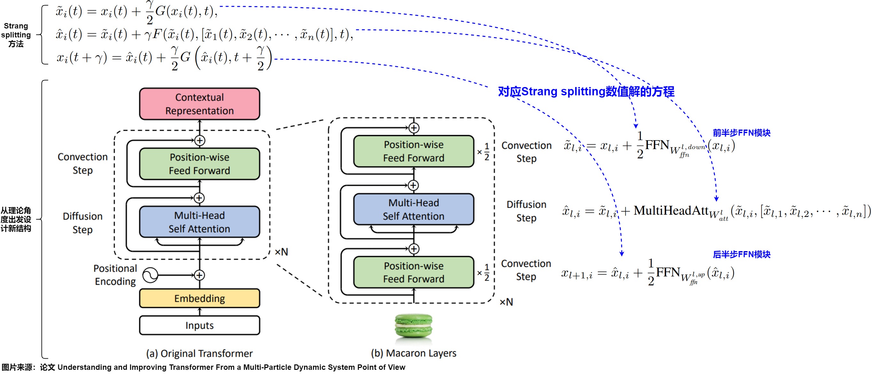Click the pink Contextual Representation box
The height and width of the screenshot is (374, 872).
[x=200, y=104]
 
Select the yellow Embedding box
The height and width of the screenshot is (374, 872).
[x=200, y=298]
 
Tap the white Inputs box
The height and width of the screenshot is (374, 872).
[x=200, y=325]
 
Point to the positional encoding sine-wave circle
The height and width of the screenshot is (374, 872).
[x=150, y=275]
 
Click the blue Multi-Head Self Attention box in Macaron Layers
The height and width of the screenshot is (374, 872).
[x=413, y=209]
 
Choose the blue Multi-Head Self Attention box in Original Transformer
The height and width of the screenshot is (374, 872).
[x=200, y=222]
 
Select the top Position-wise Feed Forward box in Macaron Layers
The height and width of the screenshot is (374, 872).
[x=413, y=151]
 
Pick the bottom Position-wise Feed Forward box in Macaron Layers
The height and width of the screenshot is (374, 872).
[x=413, y=272]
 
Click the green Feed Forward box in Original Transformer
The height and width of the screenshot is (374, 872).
[x=200, y=163]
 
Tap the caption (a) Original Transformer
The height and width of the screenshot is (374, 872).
[x=200, y=353]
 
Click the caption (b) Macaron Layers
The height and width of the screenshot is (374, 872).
[x=413, y=353]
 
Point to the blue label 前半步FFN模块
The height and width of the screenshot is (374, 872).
[x=741, y=133]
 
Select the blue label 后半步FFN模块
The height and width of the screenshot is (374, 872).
[x=741, y=254]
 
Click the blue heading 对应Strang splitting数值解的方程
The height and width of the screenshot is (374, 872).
[x=586, y=92]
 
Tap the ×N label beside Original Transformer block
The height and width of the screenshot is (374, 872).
[x=281, y=252]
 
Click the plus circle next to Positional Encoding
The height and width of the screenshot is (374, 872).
[x=200, y=275]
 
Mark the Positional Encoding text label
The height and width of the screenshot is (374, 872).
[x=115, y=275]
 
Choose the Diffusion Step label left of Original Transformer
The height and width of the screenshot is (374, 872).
[x=82, y=223]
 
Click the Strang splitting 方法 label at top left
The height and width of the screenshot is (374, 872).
[x=16, y=35]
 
